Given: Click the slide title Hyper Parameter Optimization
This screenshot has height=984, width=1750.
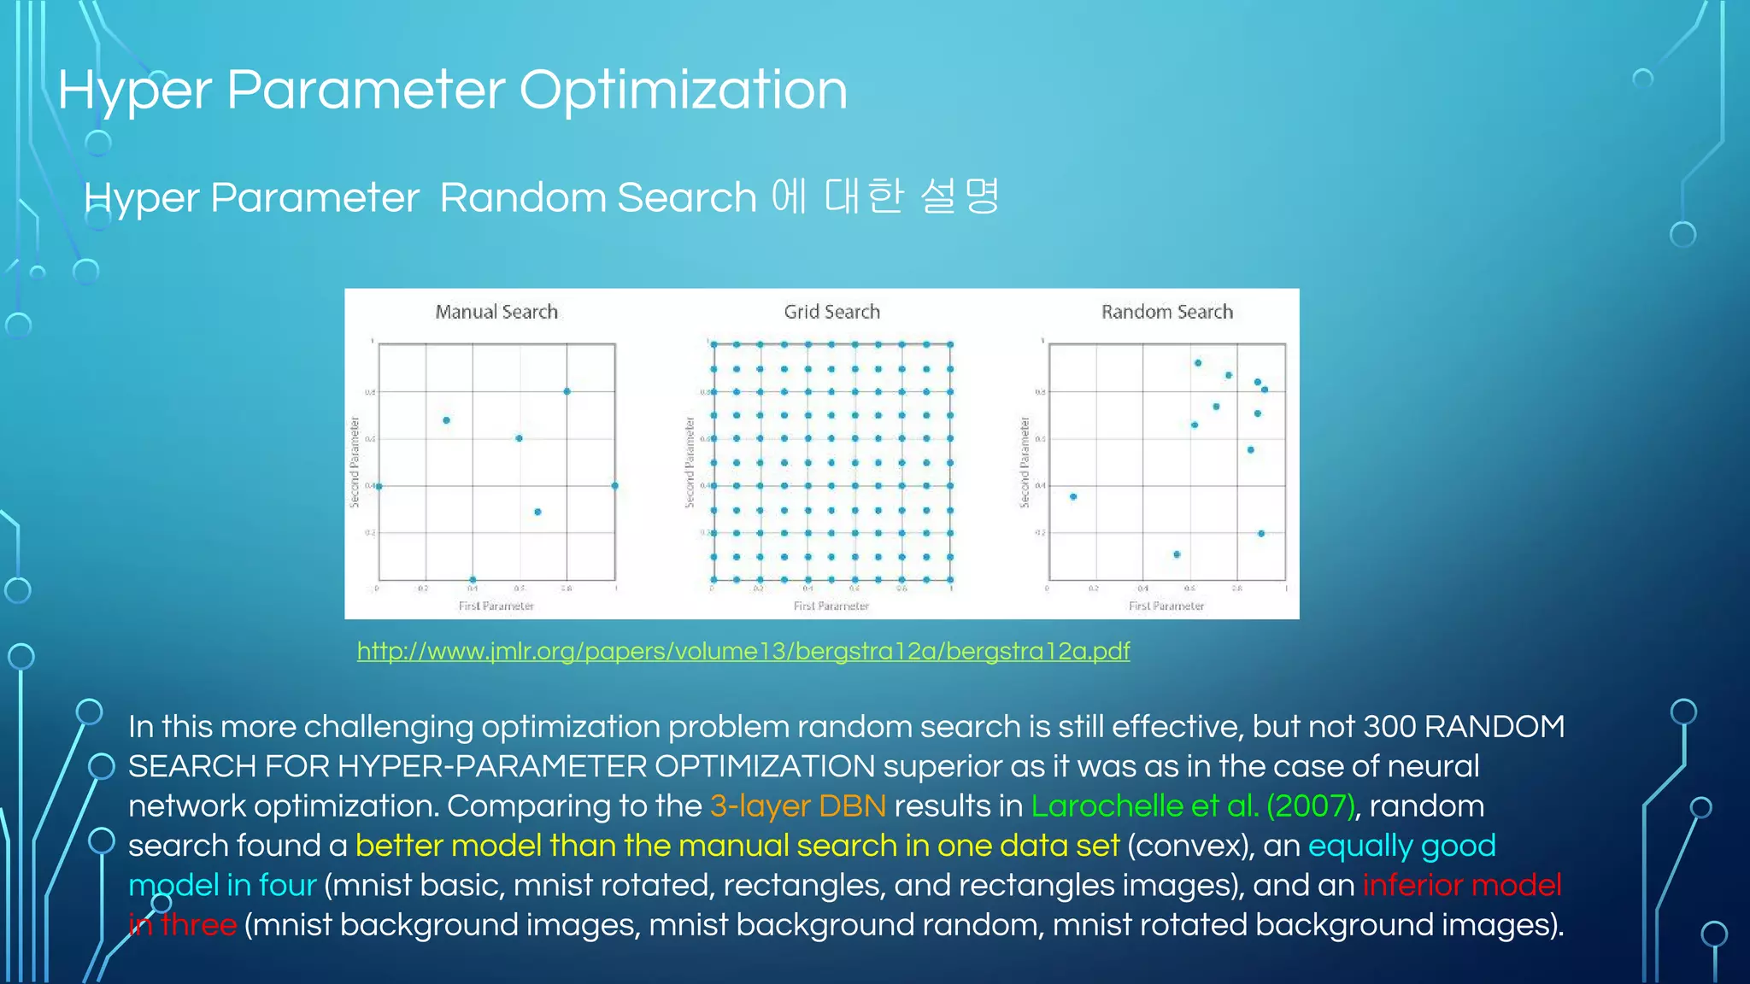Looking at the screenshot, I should click(x=452, y=91).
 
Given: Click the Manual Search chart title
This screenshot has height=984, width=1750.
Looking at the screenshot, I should click(x=496, y=312).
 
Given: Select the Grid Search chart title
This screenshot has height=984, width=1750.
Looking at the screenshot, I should click(x=831, y=312).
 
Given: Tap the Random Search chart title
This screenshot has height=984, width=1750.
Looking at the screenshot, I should click(x=1166, y=312).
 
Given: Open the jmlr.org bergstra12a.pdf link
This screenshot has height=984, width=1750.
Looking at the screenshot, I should click(x=743, y=651).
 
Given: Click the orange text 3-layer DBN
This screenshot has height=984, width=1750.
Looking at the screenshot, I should click(x=797, y=805).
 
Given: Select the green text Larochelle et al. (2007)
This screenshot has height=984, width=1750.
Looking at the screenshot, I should click(x=1192, y=805).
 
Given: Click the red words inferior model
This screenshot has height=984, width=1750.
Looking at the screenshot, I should click(x=1461, y=885).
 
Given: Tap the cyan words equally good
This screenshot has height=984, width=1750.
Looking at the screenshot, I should click(x=1401, y=846).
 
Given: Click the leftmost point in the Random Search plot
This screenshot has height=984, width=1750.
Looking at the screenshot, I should click(x=1073, y=496).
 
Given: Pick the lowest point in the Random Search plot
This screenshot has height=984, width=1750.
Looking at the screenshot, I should click(x=1177, y=554).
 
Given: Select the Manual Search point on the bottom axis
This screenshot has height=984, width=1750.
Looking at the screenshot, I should click(x=473, y=580).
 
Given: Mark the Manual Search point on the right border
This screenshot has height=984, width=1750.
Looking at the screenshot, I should click(x=614, y=486).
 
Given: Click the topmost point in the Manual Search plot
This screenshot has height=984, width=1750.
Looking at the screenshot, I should click(x=567, y=391).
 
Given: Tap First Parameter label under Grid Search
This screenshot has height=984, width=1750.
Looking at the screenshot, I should click(x=831, y=606).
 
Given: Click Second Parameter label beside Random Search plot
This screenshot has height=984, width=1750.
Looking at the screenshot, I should click(x=1025, y=462).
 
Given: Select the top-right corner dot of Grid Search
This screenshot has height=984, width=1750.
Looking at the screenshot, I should click(x=949, y=344).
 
